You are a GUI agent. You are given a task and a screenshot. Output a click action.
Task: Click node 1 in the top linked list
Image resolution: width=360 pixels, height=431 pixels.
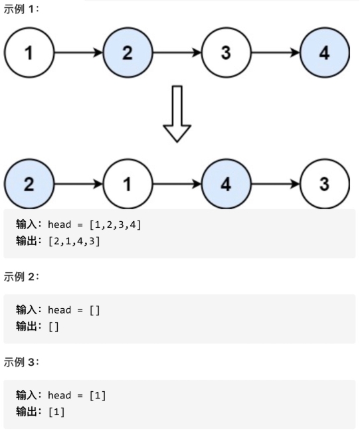(x=29, y=53)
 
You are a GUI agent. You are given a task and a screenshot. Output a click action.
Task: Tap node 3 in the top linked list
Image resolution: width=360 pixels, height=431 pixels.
(x=226, y=53)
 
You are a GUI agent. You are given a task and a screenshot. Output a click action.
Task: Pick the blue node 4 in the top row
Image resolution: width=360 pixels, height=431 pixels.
(x=324, y=53)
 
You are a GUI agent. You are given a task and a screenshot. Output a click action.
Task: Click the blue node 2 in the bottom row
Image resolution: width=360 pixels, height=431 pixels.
(x=29, y=184)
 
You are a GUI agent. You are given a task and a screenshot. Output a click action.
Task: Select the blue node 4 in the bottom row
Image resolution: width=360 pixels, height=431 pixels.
(x=226, y=184)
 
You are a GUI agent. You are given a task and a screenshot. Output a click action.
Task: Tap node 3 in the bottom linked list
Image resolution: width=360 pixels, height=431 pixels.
(x=324, y=184)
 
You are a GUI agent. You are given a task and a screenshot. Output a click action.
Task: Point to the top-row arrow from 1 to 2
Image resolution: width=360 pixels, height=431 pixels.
(x=78, y=53)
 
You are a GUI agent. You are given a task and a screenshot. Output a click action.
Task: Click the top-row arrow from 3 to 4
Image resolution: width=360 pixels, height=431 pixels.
(x=275, y=53)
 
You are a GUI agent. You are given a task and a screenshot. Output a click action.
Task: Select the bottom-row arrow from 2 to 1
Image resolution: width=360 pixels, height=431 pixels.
(x=78, y=184)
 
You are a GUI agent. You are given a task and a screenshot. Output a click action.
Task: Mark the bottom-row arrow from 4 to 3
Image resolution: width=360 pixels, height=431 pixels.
(x=275, y=184)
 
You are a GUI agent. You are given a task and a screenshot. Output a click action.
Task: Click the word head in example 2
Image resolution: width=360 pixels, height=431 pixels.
(x=59, y=310)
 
